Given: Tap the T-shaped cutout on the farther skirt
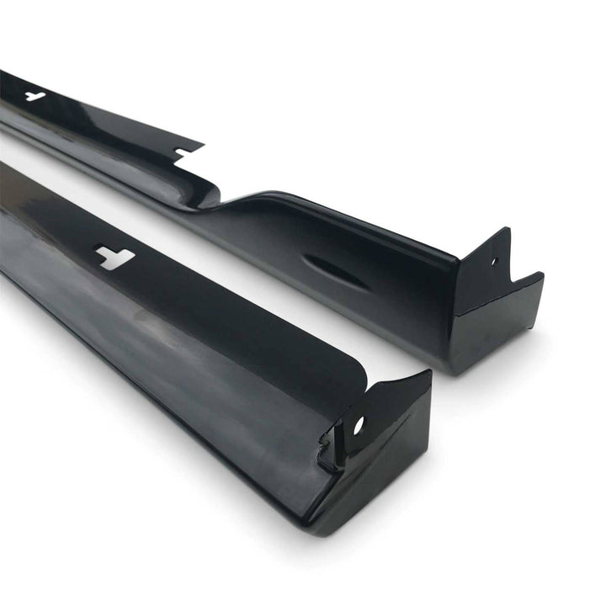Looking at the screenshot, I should pyautogui.click(x=35, y=96).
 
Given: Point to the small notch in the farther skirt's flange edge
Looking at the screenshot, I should pyautogui.click(x=181, y=152).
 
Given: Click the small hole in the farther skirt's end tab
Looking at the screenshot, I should pyautogui.click(x=494, y=262).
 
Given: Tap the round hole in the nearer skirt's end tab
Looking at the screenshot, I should pyautogui.click(x=358, y=425).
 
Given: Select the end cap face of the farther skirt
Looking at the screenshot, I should pyautogui.click(x=497, y=324).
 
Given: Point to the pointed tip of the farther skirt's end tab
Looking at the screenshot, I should pyautogui.click(x=508, y=230).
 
